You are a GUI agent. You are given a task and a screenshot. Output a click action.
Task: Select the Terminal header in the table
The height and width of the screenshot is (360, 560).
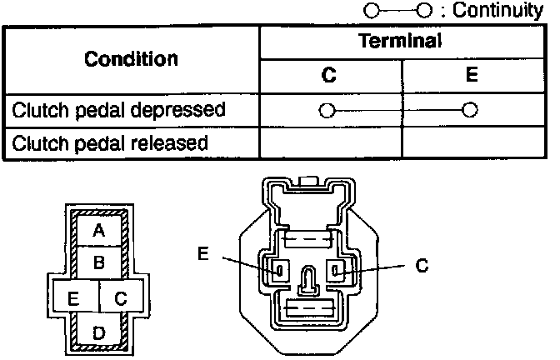[400, 42]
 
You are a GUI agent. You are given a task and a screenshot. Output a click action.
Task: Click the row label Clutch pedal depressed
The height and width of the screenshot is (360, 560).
[118, 109]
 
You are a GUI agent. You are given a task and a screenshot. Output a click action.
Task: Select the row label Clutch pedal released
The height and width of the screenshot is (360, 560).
[110, 142]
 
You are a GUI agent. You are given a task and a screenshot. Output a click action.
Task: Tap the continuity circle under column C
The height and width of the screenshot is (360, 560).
[327, 110]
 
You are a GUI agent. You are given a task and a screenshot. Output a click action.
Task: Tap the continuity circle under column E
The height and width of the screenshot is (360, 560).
[471, 110]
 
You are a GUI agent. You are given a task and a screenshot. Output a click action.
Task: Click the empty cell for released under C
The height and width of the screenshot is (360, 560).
[330, 142]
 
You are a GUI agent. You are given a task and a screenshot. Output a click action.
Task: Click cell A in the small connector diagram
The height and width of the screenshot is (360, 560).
[99, 230]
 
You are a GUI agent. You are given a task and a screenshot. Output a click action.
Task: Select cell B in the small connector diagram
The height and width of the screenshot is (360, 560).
[99, 263]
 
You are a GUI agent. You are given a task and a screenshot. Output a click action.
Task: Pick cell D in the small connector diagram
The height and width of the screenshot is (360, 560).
[99, 333]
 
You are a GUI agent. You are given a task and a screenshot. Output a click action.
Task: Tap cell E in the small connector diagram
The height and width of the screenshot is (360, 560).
[74, 297]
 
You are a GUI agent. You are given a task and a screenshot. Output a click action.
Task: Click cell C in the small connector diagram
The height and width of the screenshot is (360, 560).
[121, 297]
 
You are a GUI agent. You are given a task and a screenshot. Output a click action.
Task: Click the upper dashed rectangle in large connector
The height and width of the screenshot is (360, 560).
[308, 241]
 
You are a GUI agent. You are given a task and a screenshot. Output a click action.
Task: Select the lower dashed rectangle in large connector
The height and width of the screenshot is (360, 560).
[308, 309]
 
